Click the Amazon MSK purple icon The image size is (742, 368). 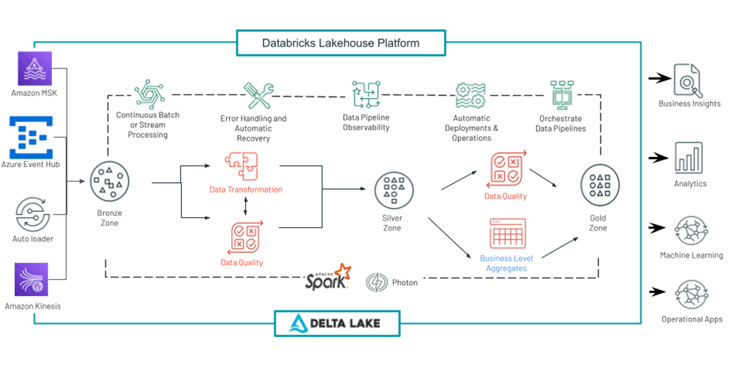coord(33,68)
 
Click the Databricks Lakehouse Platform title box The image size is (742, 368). coord(341,43)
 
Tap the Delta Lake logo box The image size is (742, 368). coord(337,323)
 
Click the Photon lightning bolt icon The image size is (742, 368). coord(376,283)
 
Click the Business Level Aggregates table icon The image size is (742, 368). coord(507,233)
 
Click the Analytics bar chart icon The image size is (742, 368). coord(688,158)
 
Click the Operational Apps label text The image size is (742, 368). coord(691,320)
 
